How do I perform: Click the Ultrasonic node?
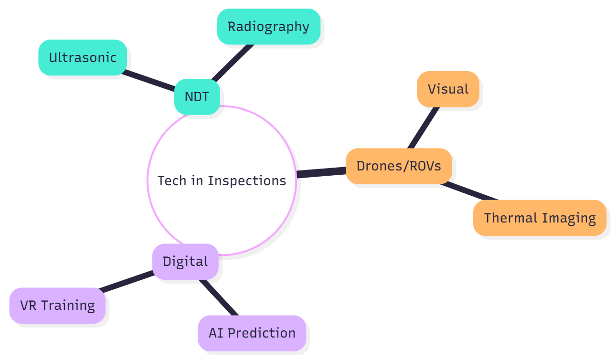click(x=83, y=57)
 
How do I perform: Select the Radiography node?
click(x=268, y=26)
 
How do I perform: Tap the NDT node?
click(x=197, y=96)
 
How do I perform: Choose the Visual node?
click(x=448, y=89)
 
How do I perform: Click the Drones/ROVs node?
click(x=399, y=166)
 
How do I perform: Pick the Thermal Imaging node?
click(x=540, y=218)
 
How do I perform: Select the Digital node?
click(x=185, y=261)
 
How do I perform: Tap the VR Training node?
click(x=57, y=305)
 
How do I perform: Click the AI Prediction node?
click(x=252, y=333)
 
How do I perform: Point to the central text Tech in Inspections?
click(x=222, y=180)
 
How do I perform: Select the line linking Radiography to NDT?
click(x=233, y=63)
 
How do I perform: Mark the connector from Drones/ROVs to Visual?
click(x=423, y=127)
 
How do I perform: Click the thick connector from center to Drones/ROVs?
click(x=321, y=172)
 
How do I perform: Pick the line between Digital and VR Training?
click(x=127, y=281)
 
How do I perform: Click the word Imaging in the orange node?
click(x=569, y=218)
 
